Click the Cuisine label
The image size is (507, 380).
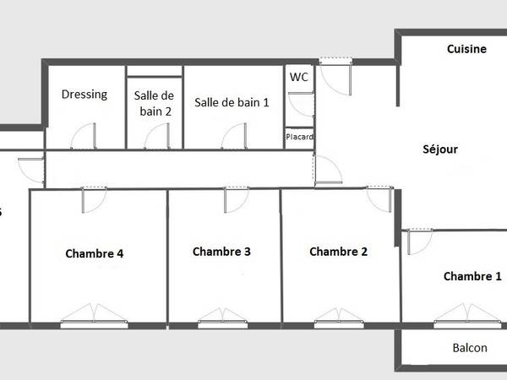click(466, 49)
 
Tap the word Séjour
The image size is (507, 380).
click(440, 149)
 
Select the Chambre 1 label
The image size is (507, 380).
click(472, 276)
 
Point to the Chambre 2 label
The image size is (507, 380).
click(339, 251)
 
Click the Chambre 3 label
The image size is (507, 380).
click(222, 251)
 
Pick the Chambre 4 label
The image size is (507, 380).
click(95, 252)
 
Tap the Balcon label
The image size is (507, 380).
click(470, 348)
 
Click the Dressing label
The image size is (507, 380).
click(84, 95)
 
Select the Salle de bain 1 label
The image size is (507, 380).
click(232, 102)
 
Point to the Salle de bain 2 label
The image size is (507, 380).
click(154, 102)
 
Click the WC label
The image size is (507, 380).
click(299, 77)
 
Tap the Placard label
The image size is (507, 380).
click(299, 137)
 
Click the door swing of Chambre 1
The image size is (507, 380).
click(417, 241)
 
